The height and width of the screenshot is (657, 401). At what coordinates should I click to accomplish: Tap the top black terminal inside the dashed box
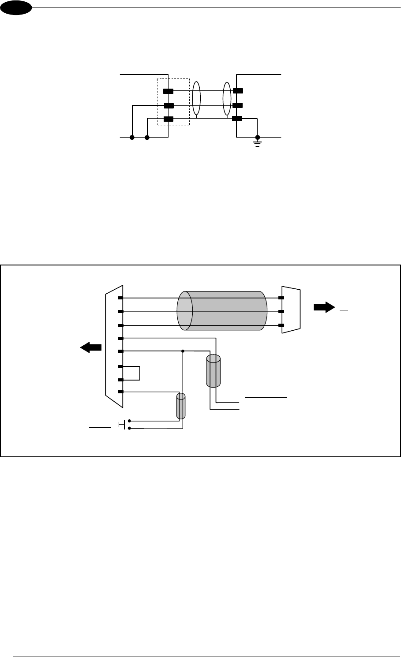click(168, 91)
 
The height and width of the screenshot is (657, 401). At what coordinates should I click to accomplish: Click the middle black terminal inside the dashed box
click(168, 106)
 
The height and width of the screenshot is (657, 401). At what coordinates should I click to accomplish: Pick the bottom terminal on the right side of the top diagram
click(238, 119)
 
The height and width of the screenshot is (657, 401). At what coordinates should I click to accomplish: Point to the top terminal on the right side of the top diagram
click(238, 91)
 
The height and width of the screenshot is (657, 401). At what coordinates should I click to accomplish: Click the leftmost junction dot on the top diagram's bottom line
click(132, 138)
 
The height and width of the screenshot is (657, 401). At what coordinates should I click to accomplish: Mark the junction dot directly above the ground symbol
click(258, 138)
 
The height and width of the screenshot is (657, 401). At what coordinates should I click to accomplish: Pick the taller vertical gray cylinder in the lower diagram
click(213, 372)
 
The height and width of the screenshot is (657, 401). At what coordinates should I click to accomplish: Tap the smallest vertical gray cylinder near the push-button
click(181, 406)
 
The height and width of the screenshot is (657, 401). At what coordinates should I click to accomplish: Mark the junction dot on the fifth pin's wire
click(183, 351)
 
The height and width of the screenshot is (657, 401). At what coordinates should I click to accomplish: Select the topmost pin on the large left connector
click(120, 298)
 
